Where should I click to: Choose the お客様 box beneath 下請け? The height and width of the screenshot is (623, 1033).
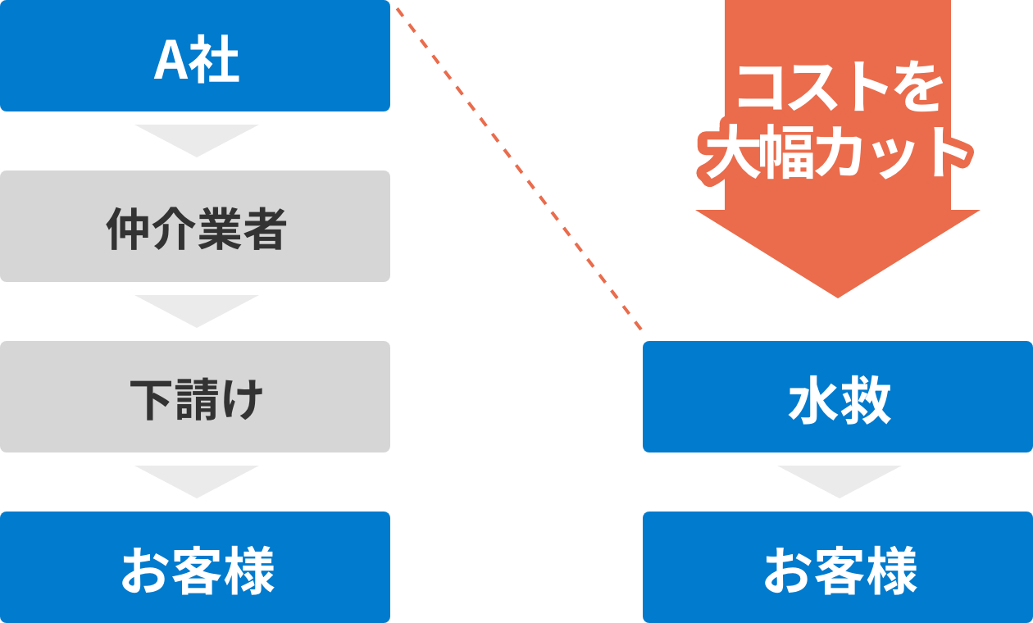click(x=195, y=567)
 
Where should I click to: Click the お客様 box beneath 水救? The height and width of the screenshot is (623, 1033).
click(x=838, y=567)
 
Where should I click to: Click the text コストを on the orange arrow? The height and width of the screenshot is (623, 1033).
click(x=838, y=90)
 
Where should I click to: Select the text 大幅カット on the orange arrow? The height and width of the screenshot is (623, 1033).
click(x=838, y=154)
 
